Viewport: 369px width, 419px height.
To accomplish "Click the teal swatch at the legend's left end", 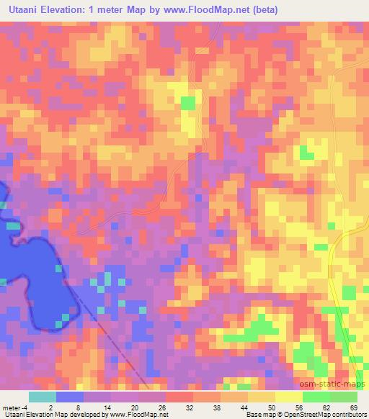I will [42, 397].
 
